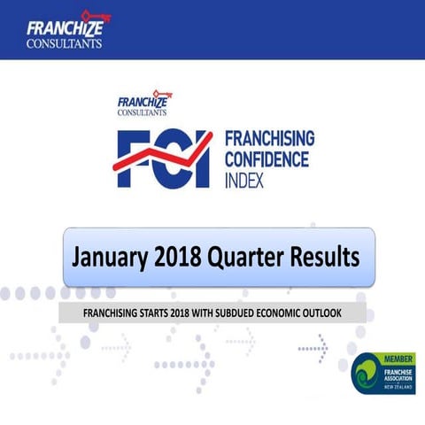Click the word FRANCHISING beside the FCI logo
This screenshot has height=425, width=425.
270,139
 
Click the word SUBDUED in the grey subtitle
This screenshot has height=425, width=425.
236,313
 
